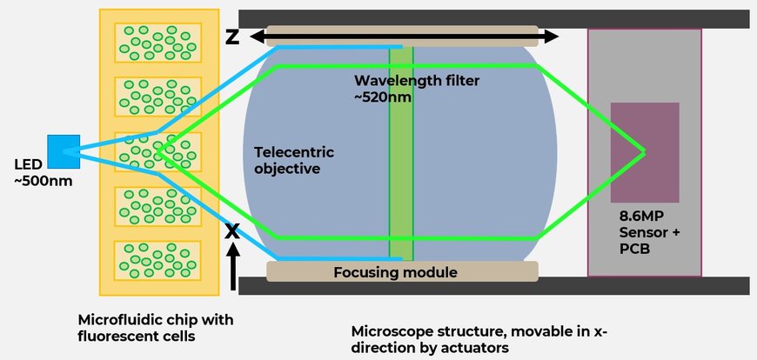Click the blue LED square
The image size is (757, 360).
point(64,151)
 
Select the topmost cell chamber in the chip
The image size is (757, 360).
point(157,43)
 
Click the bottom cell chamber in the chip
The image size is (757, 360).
point(157,261)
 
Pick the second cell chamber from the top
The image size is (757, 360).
point(157,97)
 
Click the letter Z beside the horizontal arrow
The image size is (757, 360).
point(232,37)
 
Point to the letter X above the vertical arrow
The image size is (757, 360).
point(232,231)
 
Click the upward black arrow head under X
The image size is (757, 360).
point(233,250)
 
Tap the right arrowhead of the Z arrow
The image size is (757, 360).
point(552,37)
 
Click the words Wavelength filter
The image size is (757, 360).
point(417,81)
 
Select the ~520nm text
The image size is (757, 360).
point(383,97)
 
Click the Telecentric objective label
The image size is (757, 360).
point(294,161)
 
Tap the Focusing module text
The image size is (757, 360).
point(395,273)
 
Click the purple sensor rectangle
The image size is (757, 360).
point(645,152)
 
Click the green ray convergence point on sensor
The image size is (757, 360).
point(644,151)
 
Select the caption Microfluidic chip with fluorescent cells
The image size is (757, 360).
point(156,328)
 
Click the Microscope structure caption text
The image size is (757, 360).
point(478,340)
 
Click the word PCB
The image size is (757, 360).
point(635,250)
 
